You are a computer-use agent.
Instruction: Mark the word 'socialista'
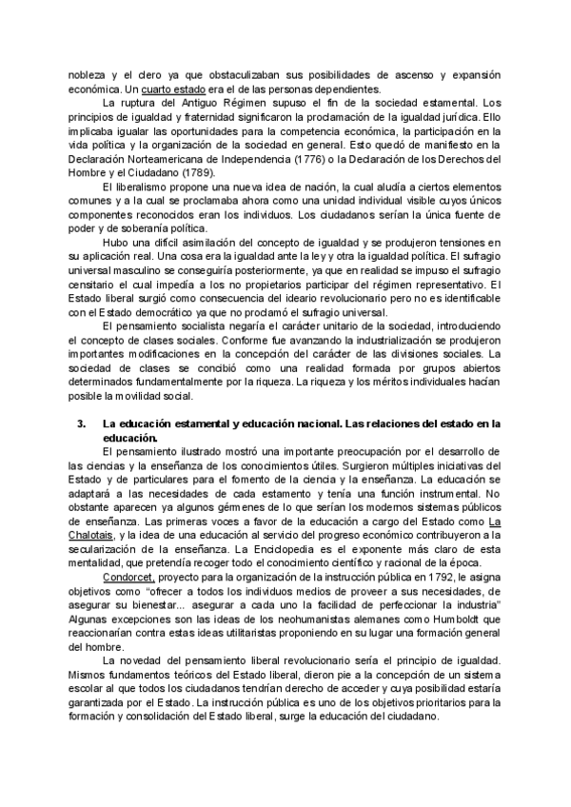[189, 325]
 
